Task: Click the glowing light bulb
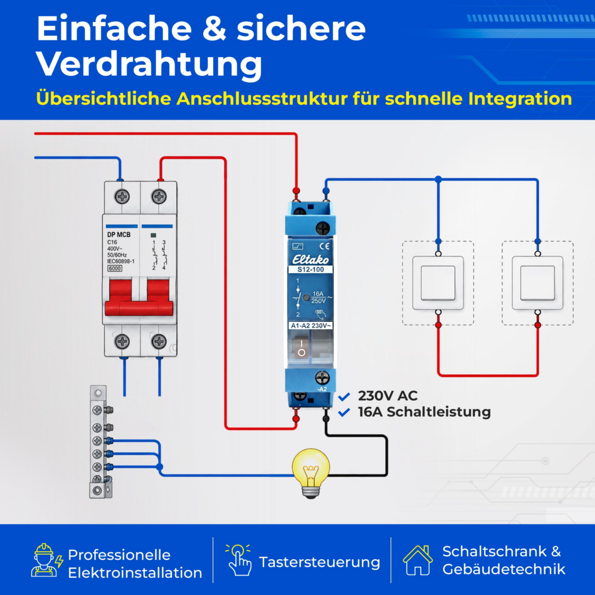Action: (x=310, y=473)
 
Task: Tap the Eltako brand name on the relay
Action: (x=310, y=259)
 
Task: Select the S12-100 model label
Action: (x=310, y=269)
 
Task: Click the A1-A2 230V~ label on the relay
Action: (x=310, y=326)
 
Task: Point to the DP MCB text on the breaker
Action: (x=118, y=235)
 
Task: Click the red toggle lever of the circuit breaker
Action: (x=139, y=297)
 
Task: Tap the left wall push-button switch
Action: (x=438, y=282)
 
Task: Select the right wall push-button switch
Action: (x=537, y=282)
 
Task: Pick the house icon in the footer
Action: (x=418, y=560)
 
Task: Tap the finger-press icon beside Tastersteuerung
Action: (x=239, y=560)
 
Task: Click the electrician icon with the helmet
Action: (x=46, y=560)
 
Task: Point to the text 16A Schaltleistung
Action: (x=424, y=412)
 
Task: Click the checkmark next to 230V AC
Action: (x=344, y=396)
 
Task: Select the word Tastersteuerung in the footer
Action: (x=319, y=562)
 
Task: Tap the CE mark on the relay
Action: (x=325, y=246)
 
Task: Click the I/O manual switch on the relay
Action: (x=302, y=347)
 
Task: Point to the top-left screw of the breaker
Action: (x=122, y=196)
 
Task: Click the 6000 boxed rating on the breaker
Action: (x=114, y=268)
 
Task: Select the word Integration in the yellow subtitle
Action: (x=520, y=99)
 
